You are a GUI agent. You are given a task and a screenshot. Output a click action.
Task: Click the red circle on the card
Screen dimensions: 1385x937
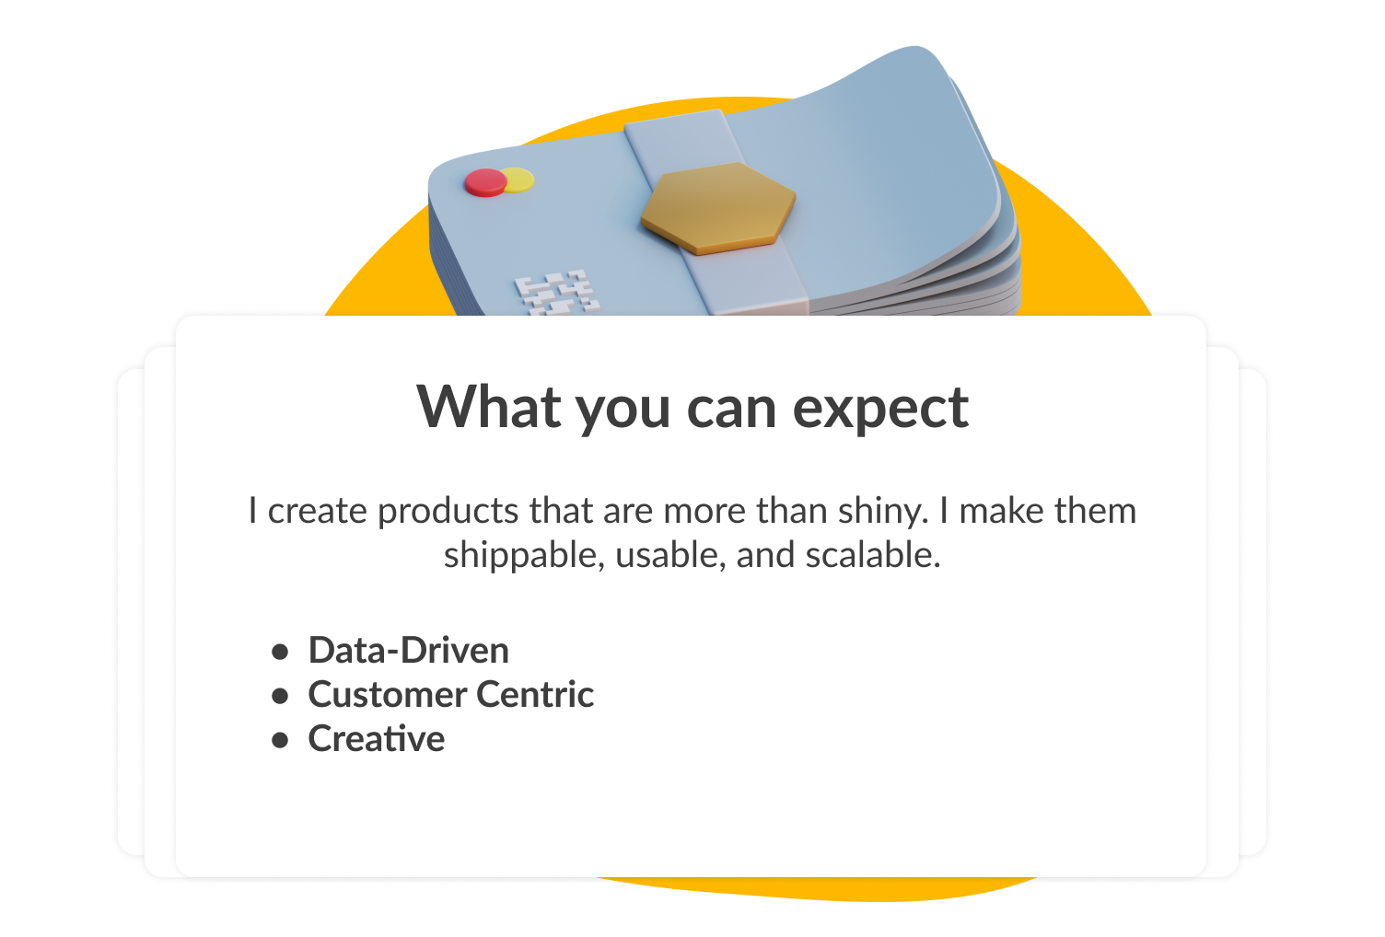[x=486, y=182]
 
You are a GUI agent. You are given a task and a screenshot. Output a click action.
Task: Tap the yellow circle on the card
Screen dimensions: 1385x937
[x=519, y=179]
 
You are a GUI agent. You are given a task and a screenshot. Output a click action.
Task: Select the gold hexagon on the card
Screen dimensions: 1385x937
[x=718, y=208]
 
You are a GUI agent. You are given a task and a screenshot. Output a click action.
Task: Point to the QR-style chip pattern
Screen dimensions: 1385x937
[x=556, y=293]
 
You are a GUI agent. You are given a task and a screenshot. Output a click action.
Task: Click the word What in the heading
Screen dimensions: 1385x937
[x=489, y=407]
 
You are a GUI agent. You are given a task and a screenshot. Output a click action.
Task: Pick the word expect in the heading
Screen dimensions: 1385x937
[x=880, y=411]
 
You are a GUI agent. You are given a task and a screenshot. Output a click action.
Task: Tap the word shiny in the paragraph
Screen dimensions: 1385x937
[x=883, y=512]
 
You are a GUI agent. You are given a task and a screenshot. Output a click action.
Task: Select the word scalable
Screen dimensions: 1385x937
[x=872, y=554]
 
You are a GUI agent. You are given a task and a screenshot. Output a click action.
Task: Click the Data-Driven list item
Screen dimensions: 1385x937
[x=409, y=650]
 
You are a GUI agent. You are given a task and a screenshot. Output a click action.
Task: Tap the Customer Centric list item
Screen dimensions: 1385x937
[x=450, y=694]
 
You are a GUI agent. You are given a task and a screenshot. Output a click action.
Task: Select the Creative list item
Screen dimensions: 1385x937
[x=377, y=738]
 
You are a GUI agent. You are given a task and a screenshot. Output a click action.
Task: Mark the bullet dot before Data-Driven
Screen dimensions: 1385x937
[x=280, y=652]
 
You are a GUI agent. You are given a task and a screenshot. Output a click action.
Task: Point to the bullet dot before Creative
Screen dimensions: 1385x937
[x=280, y=740]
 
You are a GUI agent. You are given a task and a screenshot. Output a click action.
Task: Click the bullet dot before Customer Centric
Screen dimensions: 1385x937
[x=280, y=696]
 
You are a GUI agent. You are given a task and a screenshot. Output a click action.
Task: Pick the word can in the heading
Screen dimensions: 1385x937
[x=731, y=410]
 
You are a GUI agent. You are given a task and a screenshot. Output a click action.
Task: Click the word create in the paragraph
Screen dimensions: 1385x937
[x=317, y=511]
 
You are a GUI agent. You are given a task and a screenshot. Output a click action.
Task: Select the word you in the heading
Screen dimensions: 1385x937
[x=623, y=413]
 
